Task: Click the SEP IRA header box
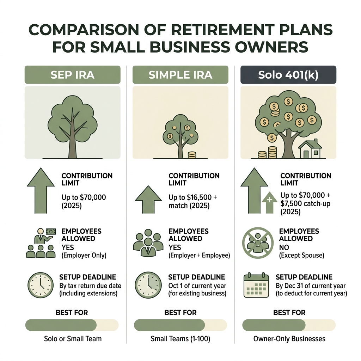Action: click(72, 75)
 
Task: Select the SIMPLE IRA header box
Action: click(180, 75)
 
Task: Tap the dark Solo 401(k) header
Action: click(288, 75)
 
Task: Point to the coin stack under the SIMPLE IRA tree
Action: click(192, 155)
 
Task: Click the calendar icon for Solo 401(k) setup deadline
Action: click(256, 285)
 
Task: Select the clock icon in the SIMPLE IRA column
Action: click(148, 285)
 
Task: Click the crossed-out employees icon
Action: click(256, 241)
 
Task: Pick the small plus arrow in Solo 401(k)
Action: click(269, 202)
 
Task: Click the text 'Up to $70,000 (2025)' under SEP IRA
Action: click(84, 201)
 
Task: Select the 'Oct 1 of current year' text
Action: click(197, 286)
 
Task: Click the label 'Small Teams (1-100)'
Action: click(180, 339)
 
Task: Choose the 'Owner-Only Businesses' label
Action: click(289, 339)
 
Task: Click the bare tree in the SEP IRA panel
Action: click(72, 127)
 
